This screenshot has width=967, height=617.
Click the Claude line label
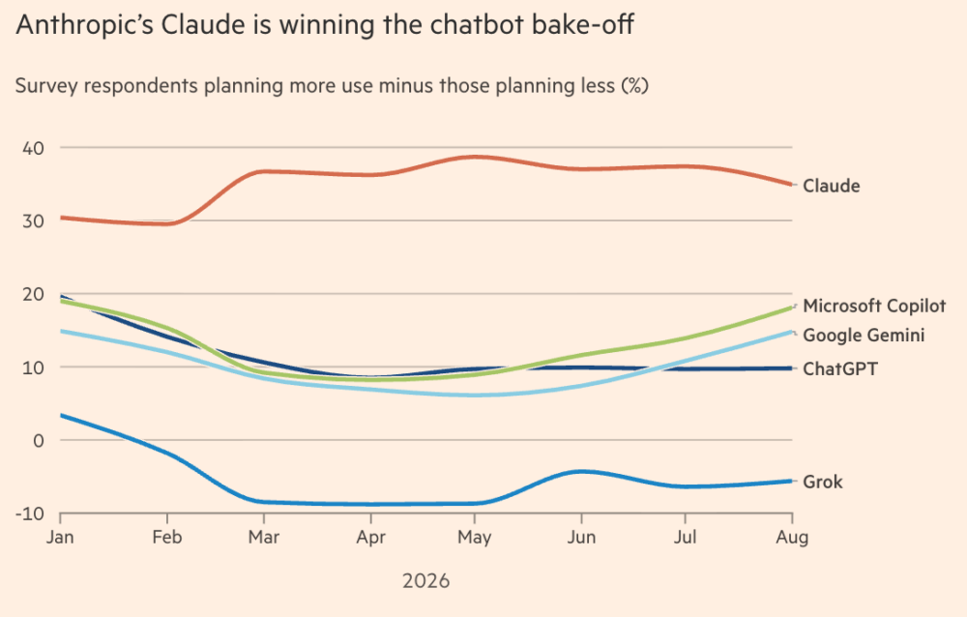(x=831, y=186)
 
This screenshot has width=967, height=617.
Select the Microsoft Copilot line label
(x=874, y=306)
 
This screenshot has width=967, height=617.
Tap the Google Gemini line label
(x=864, y=335)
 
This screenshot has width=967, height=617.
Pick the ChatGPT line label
(x=840, y=369)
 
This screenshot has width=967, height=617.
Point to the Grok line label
(x=823, y=482)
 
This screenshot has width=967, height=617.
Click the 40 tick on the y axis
(x=33, y=148)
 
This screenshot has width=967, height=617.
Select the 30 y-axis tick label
(x=33, y=220)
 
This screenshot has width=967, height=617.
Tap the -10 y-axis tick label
(x=30, y=514)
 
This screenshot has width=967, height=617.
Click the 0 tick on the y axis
(x=39, y=441)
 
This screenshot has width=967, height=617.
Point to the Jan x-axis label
(x=60, y=538)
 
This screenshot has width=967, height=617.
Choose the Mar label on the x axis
(x=264, y=538)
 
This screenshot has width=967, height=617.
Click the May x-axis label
(x=474, y=538)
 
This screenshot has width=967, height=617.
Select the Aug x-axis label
(x=792, y=538)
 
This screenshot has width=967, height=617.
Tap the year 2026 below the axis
(x=426, y=581)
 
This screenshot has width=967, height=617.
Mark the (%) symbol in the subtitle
(x=634, y=85)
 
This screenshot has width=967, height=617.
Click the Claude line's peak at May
(x=474, y=157)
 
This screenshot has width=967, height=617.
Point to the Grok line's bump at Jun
(x=581, y=471)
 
